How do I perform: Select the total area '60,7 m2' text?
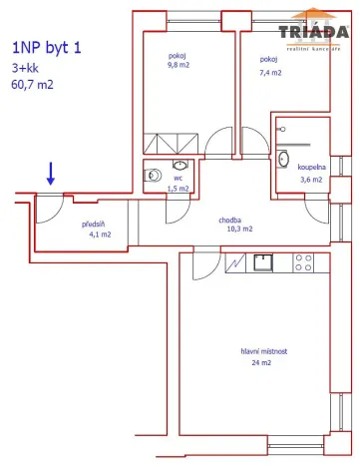click(x=34, y=85)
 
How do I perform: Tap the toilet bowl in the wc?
click(x=152, y=176)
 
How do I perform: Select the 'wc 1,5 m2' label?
click(x=180, y=182)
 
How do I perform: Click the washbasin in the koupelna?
click(x=283, y=158)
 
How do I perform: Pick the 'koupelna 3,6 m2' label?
click(x=311, y=174)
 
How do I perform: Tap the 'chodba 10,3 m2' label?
click(x=235, y=224)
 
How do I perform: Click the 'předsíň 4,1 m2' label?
click(x=96, y=229)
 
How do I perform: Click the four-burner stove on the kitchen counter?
click(x=304, y=263)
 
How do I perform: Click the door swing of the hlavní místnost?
click(x=205, y=265)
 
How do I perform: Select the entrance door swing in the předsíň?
click(x=50, y=207)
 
